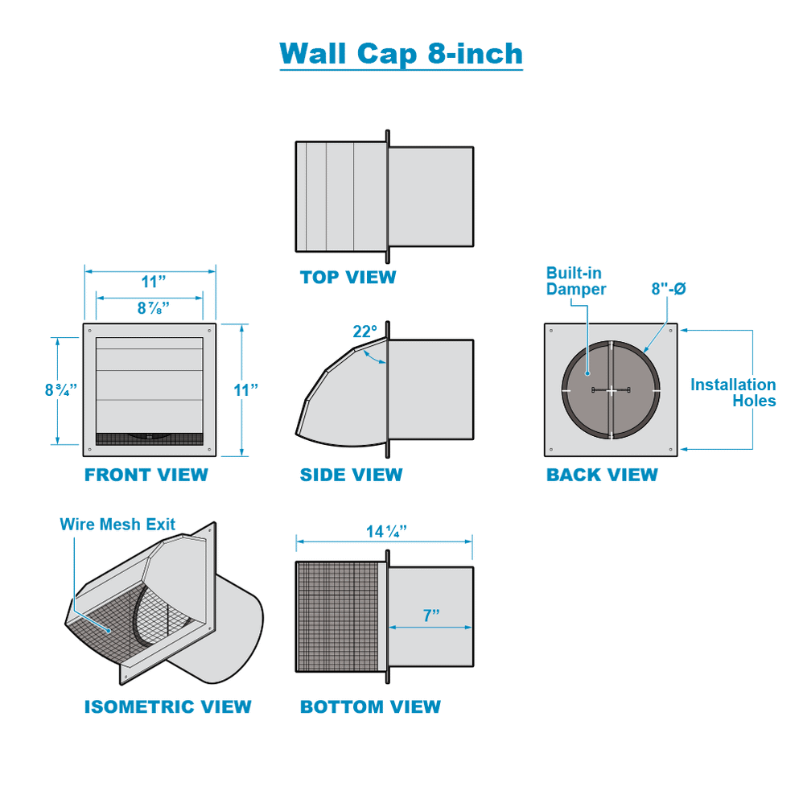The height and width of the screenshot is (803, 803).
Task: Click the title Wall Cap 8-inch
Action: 401,54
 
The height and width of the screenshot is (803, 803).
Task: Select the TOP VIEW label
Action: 348,278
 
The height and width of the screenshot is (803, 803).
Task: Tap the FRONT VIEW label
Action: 146,476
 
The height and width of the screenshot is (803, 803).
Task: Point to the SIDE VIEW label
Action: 351,476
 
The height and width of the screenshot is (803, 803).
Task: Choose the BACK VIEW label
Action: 602,476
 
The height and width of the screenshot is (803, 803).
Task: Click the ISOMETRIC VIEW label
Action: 167,707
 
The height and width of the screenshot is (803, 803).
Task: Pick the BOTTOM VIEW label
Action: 370,707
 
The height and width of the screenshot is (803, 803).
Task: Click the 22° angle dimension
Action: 364,331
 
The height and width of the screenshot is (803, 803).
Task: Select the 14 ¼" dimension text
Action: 386,531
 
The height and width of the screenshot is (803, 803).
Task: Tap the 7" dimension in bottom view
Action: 431,616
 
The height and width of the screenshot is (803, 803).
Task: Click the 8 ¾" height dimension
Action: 61,390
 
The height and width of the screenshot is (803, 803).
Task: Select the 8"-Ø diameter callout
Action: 668,289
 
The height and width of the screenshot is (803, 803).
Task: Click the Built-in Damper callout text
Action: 575,281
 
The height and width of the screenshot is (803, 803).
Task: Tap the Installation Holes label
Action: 733,393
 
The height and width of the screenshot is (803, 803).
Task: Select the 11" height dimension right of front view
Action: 245,390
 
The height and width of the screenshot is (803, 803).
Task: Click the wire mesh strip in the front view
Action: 150,439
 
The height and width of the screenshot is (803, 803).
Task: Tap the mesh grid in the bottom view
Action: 336,616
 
